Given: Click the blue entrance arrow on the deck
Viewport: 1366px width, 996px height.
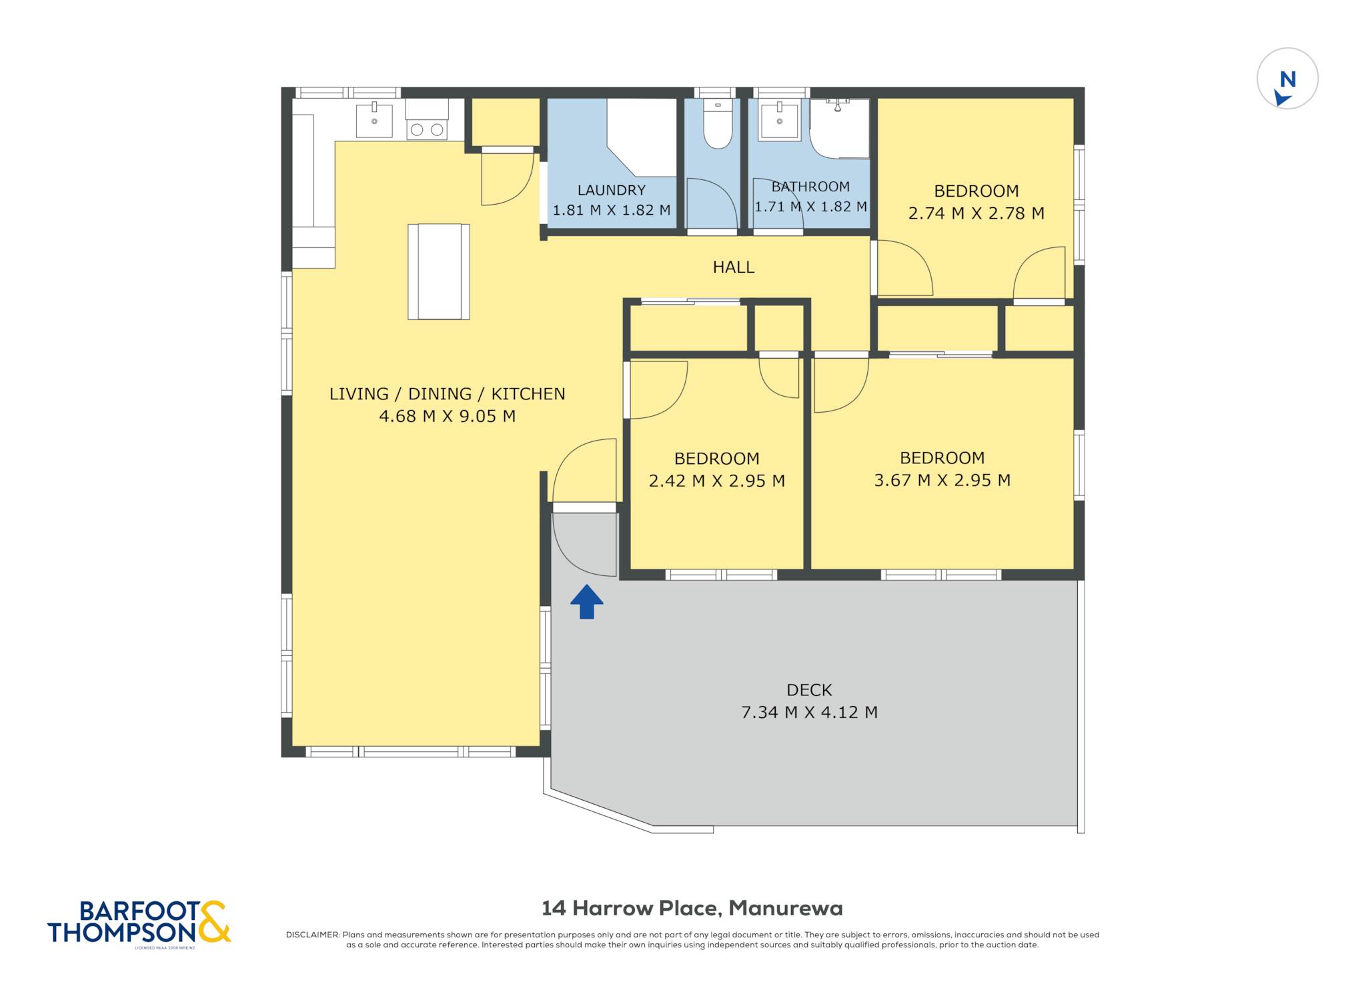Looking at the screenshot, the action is pos(587,602).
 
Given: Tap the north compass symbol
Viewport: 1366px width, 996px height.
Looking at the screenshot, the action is pos(1287,79).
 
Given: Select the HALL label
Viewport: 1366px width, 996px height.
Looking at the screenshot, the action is pos(734,267).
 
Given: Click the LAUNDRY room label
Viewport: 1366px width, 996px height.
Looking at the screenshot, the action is pos(612,190).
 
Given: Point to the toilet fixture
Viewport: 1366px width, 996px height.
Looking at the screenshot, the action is pos(718,124).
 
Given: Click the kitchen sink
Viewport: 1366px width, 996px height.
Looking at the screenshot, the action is pos(374,119).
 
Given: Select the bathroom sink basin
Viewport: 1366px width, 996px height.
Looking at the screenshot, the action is pos(780,121).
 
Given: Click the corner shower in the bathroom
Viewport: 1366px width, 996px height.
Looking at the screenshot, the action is pos(840,128).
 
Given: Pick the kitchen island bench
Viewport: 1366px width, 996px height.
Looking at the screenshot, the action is pos(439,271).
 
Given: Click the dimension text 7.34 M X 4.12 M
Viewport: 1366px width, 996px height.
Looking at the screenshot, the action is pos(809,712).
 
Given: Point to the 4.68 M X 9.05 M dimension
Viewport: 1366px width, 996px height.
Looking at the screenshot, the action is pos(447,416).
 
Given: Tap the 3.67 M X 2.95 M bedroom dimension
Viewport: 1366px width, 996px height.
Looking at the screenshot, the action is pos(942,480).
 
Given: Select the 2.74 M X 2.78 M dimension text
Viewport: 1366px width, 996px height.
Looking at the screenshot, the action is pos(976,213).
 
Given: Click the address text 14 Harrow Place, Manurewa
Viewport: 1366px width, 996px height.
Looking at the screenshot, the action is pos(692,908).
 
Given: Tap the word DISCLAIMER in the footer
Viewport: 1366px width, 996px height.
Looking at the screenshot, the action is pos(313,935).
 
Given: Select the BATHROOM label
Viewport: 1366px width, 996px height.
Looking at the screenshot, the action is pos(810,187).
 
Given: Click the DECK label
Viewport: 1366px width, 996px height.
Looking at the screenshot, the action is pos(809,690).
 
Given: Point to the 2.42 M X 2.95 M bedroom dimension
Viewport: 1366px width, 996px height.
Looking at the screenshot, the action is pos(717,481).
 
